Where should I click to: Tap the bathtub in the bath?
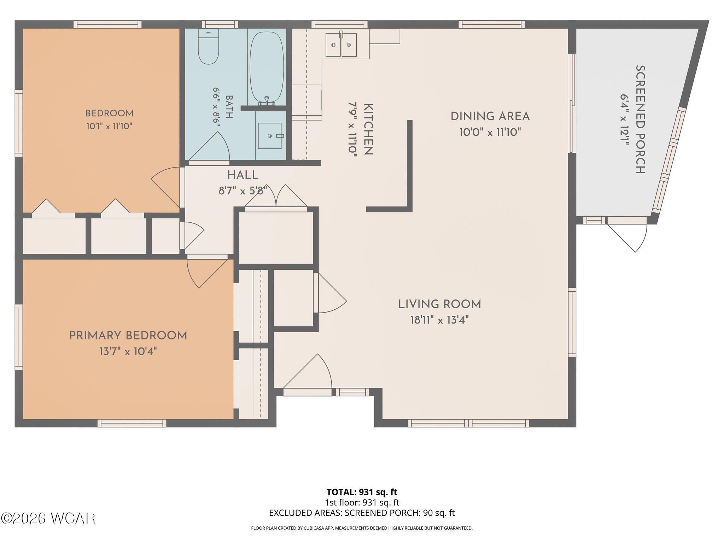click(x=267, y=67)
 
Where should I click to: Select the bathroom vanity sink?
click(x=270, y=136)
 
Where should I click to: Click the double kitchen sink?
click(x=341, y=45)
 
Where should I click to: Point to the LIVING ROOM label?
click(x=439, y=304)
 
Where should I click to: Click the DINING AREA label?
click(x=490, y=116)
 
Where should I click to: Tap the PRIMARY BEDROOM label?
click(x=128, y=335)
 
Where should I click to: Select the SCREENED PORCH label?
click(x=640, y=119)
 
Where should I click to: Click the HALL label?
click(x=243, y=175)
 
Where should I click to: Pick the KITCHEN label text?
click(x=368, y=129)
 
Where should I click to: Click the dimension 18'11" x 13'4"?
click(x=439, y=320)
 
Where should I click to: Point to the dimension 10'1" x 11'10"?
click(x=109, y=126)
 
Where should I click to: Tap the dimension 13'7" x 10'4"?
click(x=128, y=351)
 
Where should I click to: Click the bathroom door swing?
click(x=209, y=147)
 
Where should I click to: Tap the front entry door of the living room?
click(x=308, y=374)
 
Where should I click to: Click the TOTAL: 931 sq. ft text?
click(x=362, y=492)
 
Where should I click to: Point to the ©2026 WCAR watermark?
click(x=48, y=519)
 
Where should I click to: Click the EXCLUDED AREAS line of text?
click(x=362, y=513)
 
